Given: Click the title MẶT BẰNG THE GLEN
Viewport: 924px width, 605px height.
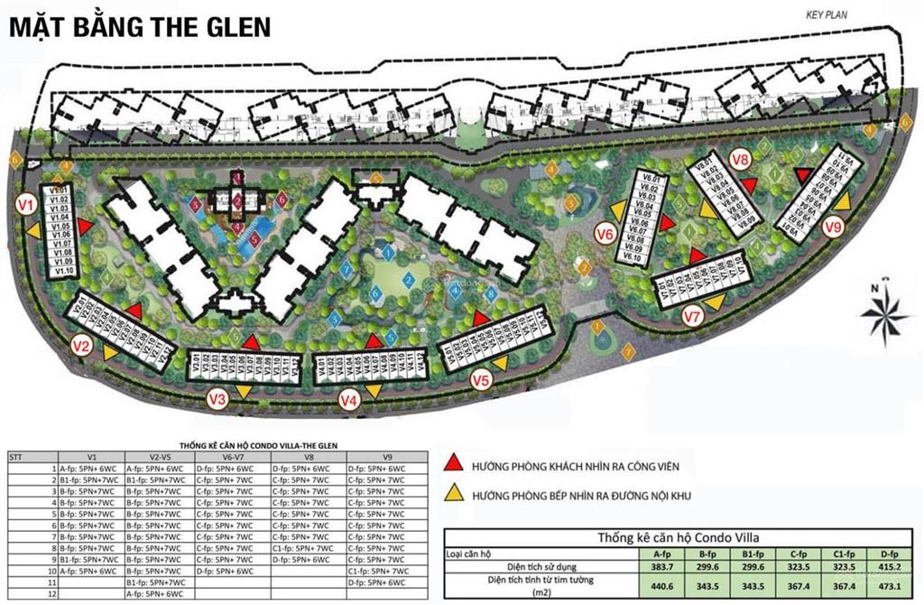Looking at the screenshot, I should tap(140, 26).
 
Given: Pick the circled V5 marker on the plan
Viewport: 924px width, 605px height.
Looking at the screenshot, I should tap(482, 381).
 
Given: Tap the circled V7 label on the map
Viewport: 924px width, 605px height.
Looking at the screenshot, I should tap(692, 316).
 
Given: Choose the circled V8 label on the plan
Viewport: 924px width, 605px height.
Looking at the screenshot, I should tap(741, 160).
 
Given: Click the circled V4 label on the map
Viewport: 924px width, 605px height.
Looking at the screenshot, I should tap(349, 399).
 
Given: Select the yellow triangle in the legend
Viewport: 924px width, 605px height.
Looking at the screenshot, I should tap(454, 493).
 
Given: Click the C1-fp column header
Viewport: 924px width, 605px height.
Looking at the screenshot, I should tap(845, 553).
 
